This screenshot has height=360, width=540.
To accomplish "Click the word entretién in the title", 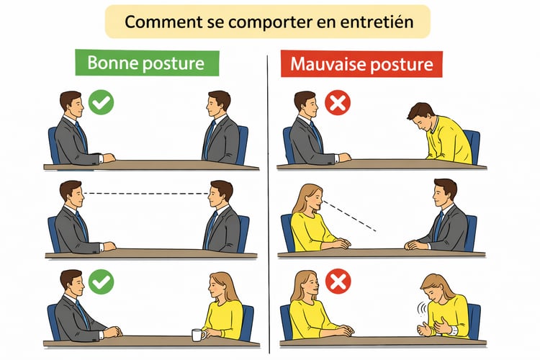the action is [x=377, y=22].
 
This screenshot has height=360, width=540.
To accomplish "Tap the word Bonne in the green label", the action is [x=112, y=63].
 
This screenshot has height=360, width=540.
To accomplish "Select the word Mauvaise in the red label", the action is [x=325, y=64].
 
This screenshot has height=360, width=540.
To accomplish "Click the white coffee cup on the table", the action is [x=199, y=335].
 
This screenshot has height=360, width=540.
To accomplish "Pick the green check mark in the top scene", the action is [x=101, y=102].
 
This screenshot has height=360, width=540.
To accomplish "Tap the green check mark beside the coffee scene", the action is [x=101, y=282].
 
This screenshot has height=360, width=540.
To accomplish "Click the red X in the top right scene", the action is [x=338, y=102].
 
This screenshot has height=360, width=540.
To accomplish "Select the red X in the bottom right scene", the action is [x=338, y=282].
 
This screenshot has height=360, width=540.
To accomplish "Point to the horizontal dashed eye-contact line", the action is [x=146, y=194].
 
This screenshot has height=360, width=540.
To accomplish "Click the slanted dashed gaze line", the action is [x=349, y=216].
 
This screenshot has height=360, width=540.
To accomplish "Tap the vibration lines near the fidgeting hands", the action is [x=421, y=309].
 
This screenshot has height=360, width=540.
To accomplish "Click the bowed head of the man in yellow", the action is [x=421, y=116].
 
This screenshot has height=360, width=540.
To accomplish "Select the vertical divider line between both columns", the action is [x=269, y=204].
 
